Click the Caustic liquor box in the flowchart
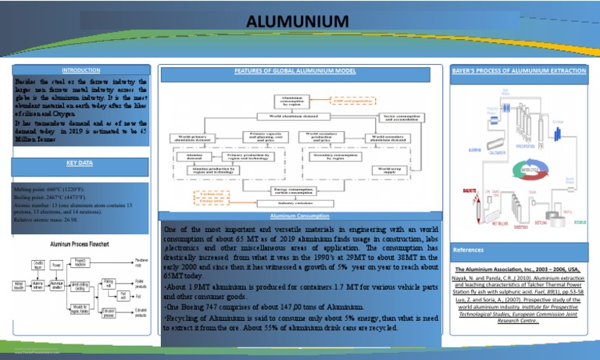click(x=37, y=264)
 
